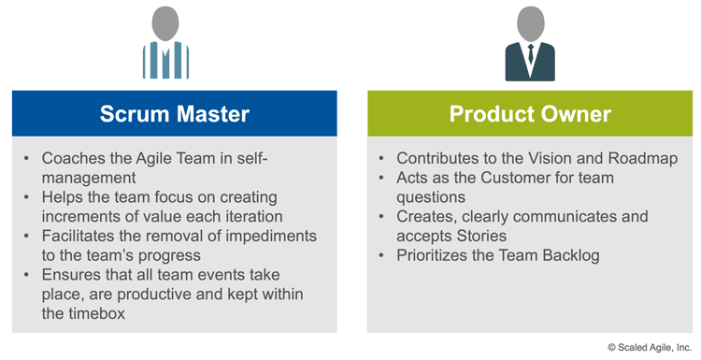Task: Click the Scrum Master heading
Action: pos(175,114)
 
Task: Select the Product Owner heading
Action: pos(530,114)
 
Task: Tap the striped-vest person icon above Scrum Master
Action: pos(165,44)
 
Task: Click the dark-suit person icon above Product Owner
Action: pos(530,44)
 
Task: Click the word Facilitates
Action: pos(86,237)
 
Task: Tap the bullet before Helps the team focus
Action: pos(28,197)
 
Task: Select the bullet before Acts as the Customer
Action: pos(383,179)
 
